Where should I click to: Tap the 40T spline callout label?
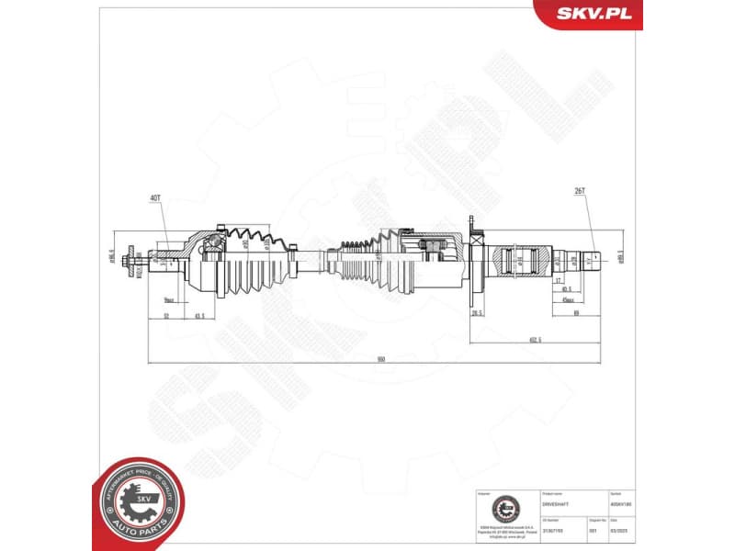click(153, 197)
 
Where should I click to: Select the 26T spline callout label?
click(580, 193)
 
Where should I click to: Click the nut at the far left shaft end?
click(135, 260)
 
